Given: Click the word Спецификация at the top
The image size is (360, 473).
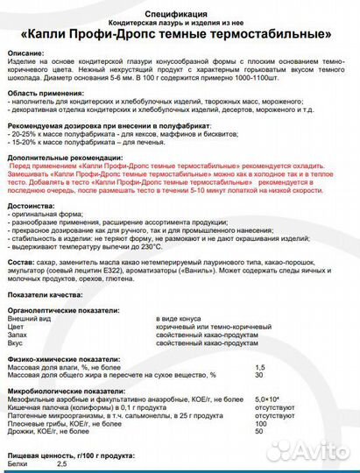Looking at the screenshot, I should (x=180, y=15).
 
